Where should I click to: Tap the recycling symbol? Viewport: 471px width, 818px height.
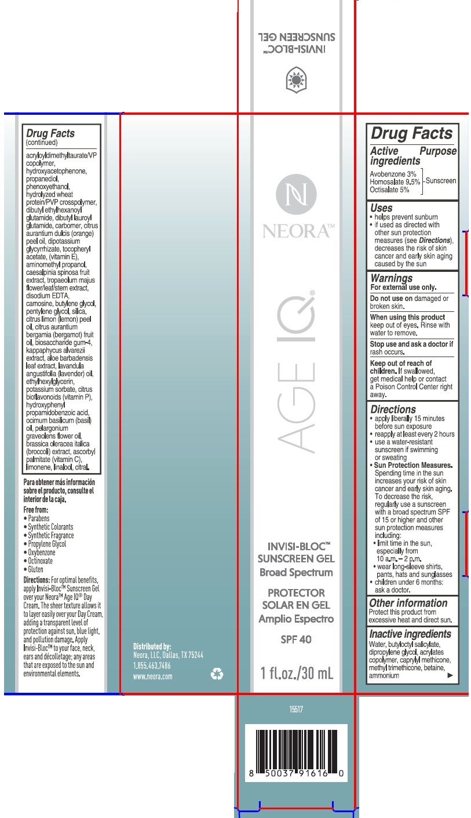pos(217,674)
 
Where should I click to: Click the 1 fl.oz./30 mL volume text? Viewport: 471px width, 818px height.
pos(296,674)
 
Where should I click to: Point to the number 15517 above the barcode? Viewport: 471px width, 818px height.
pos(296,710)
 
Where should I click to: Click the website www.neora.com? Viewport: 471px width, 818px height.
pos(153,677)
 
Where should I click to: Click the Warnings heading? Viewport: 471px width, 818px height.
pos(392,278)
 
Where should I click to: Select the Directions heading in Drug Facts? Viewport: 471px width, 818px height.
pos(393,409)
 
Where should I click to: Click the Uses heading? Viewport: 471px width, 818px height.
pos(381,208)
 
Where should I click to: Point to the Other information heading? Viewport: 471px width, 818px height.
pos(408,603)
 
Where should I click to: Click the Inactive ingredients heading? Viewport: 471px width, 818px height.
pos(410,634)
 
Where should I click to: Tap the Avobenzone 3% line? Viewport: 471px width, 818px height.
pos(393,174)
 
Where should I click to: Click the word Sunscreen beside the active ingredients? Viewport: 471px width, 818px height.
pos(441,181)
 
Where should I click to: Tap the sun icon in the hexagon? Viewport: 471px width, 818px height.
pos(296,80)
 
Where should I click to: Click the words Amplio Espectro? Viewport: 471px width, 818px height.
pos(296,619)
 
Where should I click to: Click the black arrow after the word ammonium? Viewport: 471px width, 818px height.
pos(451,675)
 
